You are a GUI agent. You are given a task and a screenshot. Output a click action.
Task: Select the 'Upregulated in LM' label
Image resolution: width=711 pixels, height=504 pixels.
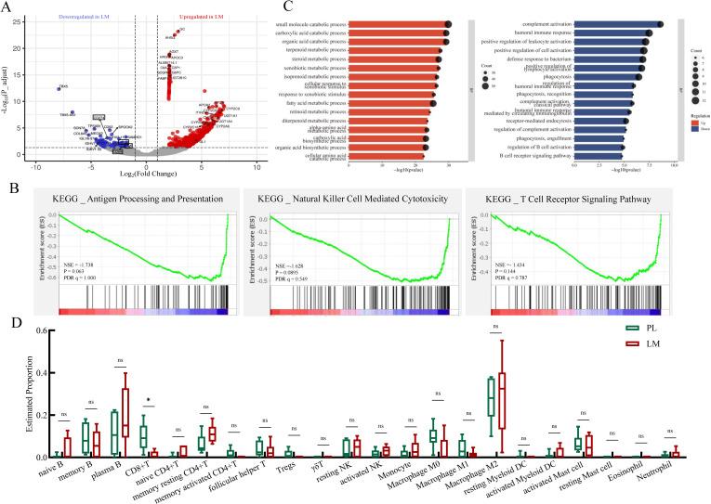pyautogui.click(x=204, y=17)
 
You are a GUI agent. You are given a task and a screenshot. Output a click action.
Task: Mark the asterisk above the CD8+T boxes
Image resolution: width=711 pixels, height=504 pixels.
pyautogui.click(x=150, y=403)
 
